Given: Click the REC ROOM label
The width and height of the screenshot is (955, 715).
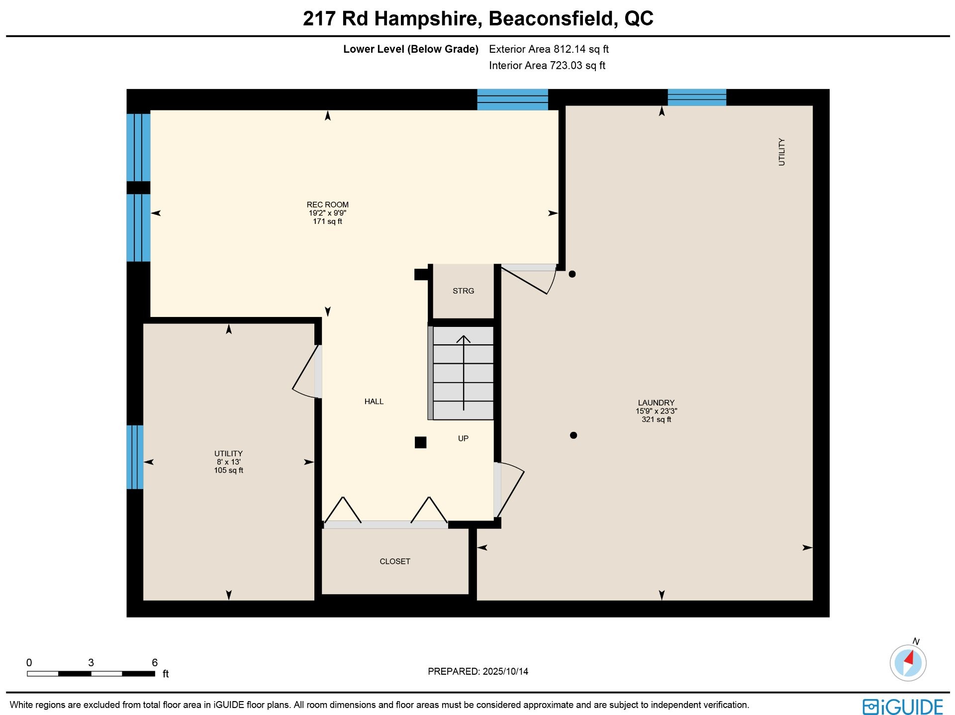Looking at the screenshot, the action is [327, 204].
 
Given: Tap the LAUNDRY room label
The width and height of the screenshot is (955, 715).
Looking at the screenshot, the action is [656, 403].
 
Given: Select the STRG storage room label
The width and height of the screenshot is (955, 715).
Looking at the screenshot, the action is [463, 291].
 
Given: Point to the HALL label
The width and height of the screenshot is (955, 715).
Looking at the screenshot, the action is [374, 402].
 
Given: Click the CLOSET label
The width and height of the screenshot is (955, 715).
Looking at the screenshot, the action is [395, 561].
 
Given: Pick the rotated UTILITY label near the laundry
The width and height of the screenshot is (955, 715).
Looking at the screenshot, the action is [781, 152].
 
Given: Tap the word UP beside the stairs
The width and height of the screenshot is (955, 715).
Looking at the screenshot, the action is [463, 438].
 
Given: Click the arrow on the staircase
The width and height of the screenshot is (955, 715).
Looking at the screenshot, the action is [464, 373].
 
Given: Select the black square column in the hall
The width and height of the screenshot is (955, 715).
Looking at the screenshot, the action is [420, 442].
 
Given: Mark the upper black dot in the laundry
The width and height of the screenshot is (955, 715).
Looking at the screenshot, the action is [572, 274].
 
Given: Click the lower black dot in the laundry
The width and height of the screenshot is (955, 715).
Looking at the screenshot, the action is [573, 435].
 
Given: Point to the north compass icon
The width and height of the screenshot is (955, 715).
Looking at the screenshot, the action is [908, 661].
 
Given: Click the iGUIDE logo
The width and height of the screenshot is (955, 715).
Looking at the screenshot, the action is [903, 707].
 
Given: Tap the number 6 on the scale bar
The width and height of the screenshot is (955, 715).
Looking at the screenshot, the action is [155, 662].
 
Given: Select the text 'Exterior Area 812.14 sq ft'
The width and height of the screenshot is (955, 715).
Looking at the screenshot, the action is [549, 49].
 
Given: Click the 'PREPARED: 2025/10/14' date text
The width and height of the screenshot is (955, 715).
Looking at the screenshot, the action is [478, 671].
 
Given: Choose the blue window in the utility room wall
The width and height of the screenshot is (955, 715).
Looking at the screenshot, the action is [135, 457].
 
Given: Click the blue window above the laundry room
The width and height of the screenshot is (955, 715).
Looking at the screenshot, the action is [697, 98].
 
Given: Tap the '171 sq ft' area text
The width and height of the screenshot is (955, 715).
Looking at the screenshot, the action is [327, 221].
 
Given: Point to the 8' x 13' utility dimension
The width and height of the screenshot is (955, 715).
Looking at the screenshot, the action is [228, 462].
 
